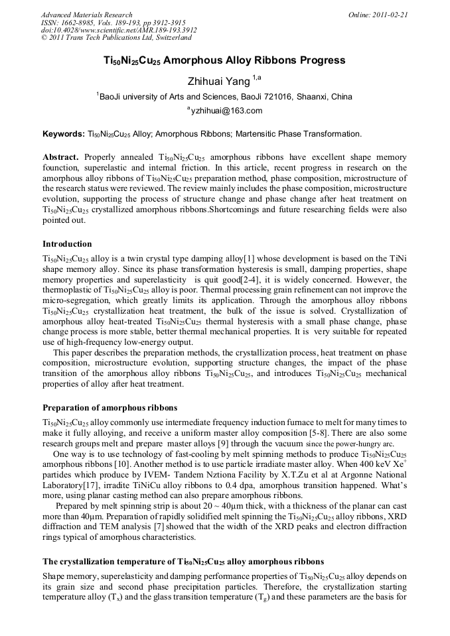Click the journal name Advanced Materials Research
pos(86,14)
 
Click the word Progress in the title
pos(321,60)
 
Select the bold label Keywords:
pos(64,134)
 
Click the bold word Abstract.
pos(60,157)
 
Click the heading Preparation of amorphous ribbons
pos(110,407)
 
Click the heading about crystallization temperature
pos(183,561)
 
